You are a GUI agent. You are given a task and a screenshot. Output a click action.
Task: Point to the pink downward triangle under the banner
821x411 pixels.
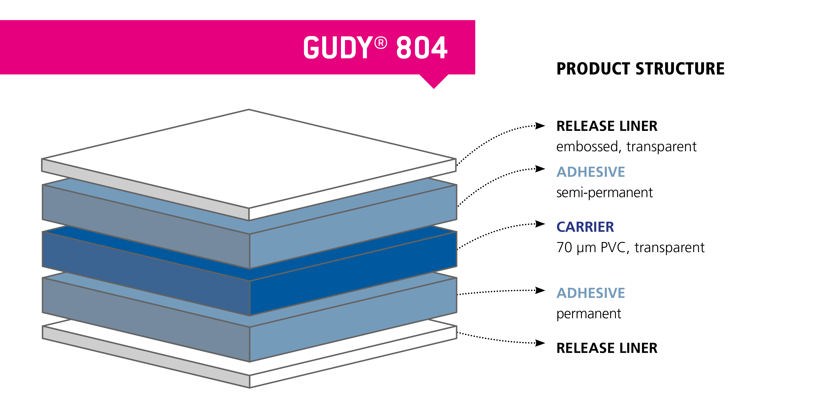click(x=434, y=81)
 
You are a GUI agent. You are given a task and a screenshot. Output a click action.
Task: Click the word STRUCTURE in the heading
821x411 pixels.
click(x=680, y=69)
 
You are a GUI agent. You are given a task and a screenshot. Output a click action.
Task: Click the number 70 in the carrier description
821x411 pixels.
click(x=564, y=247)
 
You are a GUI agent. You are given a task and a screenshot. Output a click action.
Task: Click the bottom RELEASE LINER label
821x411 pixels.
click(x=607, y=348)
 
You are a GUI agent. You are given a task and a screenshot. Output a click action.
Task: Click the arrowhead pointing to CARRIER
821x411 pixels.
click(x=540, y=224)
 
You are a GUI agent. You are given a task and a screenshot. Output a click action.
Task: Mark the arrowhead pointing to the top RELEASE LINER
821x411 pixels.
click(x=540, y=126)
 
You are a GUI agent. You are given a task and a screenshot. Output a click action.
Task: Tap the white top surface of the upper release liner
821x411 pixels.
click(x=249, y=159)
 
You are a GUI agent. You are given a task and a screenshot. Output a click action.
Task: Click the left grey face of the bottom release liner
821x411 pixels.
click(x=146, y=356)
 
